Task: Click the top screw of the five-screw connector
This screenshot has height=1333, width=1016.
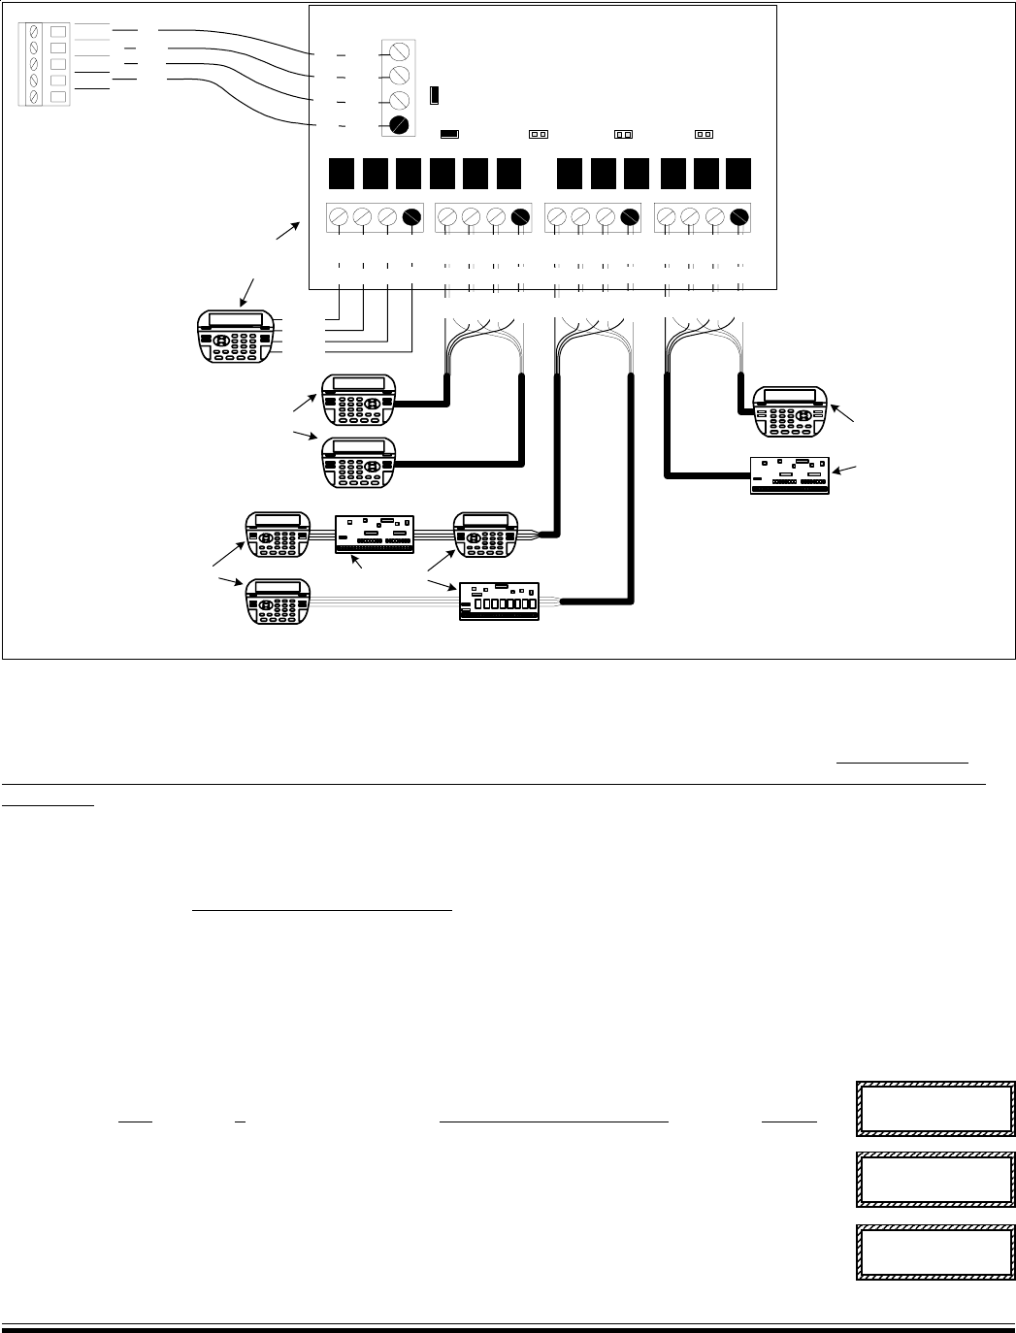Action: click(36, 30)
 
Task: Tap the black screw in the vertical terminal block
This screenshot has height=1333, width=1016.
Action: click(399, 124)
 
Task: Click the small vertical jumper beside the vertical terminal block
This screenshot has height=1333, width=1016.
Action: click(435, 95)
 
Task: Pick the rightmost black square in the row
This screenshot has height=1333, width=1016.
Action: click(738, 172)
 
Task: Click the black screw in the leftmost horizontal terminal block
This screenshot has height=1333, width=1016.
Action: click(411, 217)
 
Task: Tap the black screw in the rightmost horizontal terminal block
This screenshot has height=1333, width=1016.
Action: click(739, 217)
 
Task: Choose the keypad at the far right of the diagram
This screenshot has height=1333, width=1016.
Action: click(789, 411)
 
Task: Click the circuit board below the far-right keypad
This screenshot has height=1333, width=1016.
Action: click(789, 475)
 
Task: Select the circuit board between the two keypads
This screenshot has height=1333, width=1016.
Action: click(375, 536)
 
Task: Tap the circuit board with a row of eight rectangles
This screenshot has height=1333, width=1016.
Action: click(500, 601)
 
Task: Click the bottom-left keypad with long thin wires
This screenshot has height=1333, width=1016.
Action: click(279, 601)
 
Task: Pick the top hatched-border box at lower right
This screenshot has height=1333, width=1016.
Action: click(934, 1109)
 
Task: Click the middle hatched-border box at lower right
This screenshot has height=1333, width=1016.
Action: click(934, 1180)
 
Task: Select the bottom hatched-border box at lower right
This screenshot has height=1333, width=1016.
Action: click(934, 1252)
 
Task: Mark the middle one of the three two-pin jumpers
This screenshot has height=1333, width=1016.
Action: click(623, 135)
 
